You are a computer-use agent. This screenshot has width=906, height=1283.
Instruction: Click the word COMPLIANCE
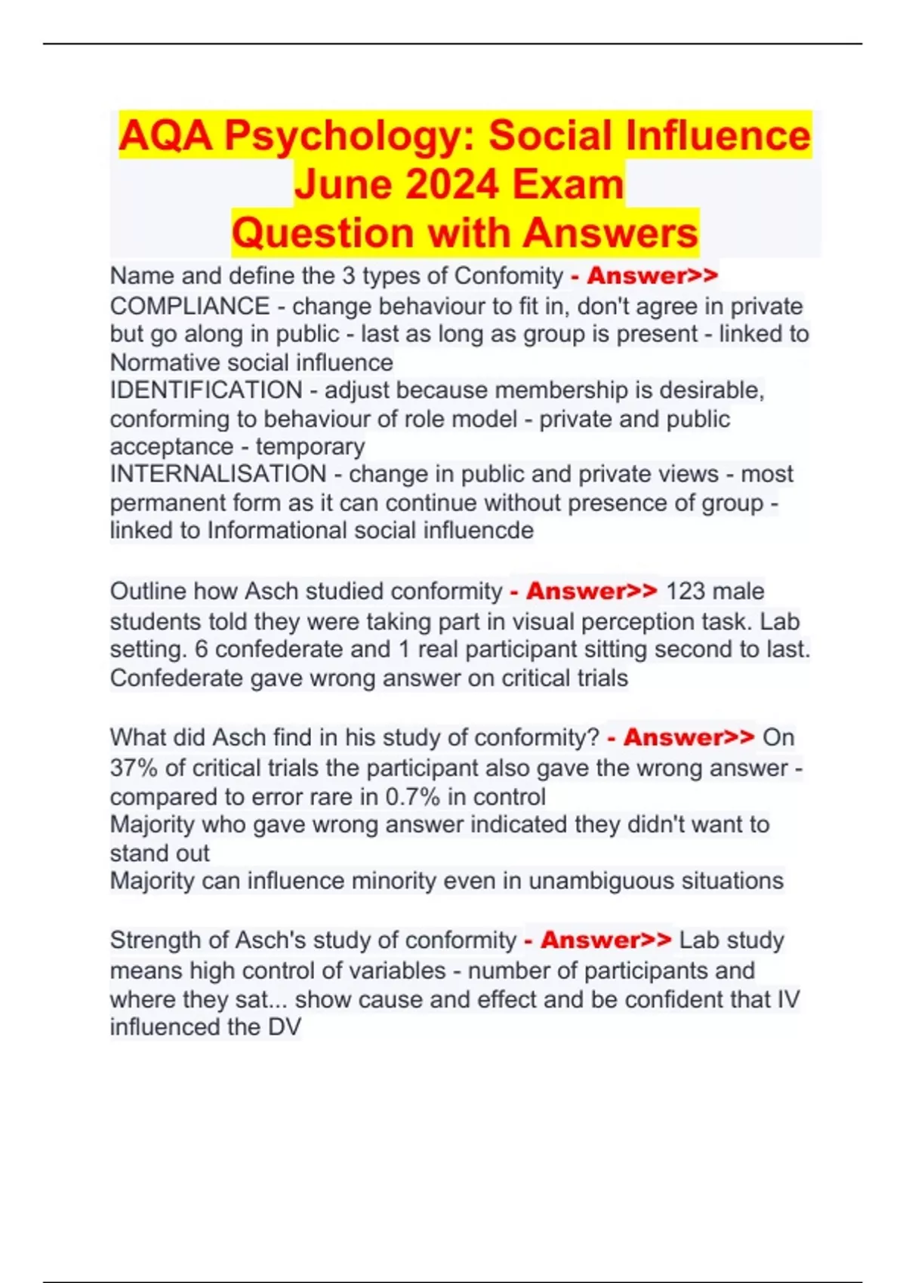coord(190,306)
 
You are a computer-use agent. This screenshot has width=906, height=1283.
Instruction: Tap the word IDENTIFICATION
coord(206,390)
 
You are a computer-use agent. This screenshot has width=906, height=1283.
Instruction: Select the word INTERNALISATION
coord(218,474)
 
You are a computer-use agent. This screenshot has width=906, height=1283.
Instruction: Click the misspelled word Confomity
coord(509,276)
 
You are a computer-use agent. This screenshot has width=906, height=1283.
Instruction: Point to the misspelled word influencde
coord(486,531)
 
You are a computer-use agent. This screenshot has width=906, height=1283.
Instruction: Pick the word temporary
coord(310,447)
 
